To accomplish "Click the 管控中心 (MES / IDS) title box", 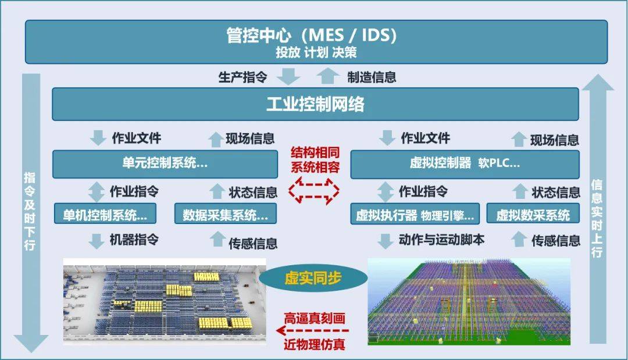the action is (x=316, y=42).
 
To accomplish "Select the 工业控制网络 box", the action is (x=315, y=104).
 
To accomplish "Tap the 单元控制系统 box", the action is (x=165, y=164).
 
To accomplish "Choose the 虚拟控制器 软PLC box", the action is (x=465, y=164).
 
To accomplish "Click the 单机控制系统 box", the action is (x=105, y=213).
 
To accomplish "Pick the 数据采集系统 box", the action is (x=226, y=213).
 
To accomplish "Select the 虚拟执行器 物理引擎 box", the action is (x=415, y=213).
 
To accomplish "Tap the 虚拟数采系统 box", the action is (x=533, y=213).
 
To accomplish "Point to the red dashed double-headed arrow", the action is (x=314, y=191).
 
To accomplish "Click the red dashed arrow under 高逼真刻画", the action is (x=312, y=331).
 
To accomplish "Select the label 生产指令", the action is (x=242, y=77).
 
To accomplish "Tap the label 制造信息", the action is (x=372, y=77).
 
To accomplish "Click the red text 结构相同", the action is (x=315, y=152).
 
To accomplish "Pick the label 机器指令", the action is (x=134, y=240).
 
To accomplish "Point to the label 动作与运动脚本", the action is (x=441, y=240).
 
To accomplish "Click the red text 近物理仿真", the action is (x=315, y=344).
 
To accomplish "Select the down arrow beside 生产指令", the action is (x=289, y=76).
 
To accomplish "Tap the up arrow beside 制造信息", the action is (x=327, y=76).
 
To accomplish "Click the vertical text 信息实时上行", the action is (x=597, y=219).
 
